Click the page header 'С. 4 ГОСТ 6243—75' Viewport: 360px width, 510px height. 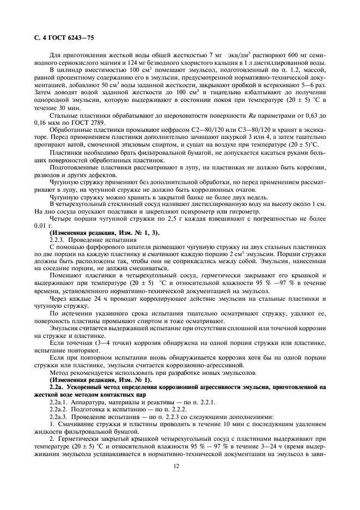click(x=59, y=38)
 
